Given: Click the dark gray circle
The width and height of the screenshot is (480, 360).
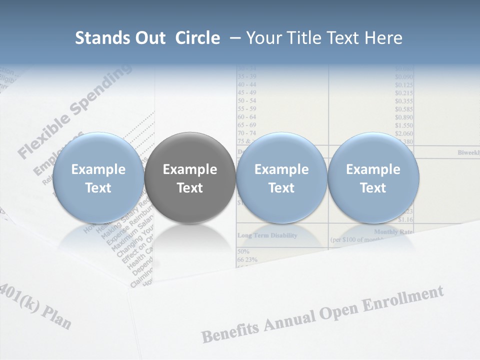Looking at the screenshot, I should point(189,178).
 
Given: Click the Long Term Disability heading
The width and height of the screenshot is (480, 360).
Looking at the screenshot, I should point(267,235).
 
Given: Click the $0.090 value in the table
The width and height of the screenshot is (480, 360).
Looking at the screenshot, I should point(403,77).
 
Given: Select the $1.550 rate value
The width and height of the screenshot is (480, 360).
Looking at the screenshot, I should point(403,125).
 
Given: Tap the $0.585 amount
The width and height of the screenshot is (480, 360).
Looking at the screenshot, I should point(403,109).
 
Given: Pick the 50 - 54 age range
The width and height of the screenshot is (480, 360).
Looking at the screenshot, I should point(247,101).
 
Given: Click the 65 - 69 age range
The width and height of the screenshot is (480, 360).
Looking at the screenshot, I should point(247,125).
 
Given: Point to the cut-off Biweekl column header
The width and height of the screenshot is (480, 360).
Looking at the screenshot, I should point(468,152).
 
